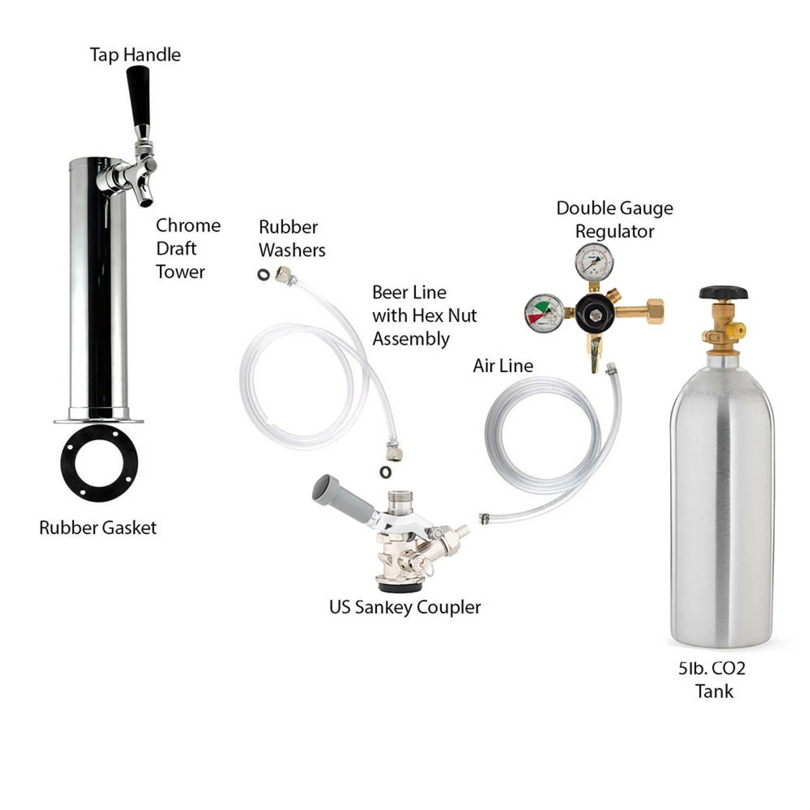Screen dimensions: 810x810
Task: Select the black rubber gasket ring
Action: point(99,463)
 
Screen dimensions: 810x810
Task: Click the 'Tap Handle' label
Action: point(135,54)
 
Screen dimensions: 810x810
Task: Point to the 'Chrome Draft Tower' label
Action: point(188,249)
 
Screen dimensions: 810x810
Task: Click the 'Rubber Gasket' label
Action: point(97,528)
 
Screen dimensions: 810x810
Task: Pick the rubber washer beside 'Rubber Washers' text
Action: point(263,275)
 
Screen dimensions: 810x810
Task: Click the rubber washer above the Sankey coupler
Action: point(385,471)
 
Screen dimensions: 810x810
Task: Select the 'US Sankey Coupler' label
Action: point(405,607)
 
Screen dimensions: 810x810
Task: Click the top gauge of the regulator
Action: point(594,262)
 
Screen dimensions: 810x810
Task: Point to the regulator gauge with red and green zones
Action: point(544,313)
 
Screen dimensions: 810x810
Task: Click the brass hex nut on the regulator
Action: point(655,311)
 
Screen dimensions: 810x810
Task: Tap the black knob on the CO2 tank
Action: point(723,292)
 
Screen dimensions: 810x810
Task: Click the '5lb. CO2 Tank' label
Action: point(712,680)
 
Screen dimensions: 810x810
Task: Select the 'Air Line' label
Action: point(502,366)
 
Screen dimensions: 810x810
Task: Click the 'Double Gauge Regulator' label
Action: point(614,220)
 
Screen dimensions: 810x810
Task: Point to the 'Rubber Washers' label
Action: point(292,239)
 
